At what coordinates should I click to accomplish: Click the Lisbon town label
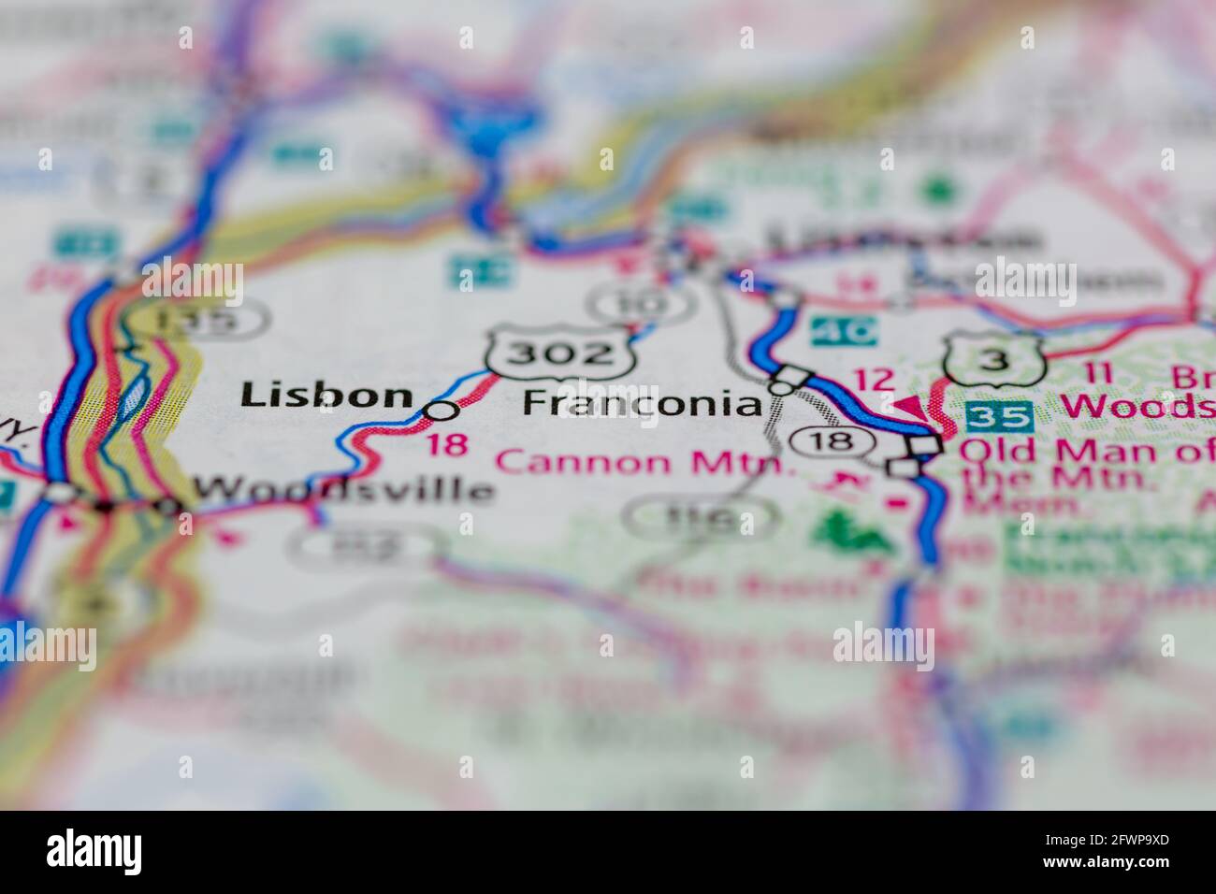(x=326, y=396)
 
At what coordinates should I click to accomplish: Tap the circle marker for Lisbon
(x=442, y=410)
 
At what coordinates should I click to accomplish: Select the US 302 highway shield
(x=560, y=353)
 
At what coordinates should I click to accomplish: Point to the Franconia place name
(x=643, y=403)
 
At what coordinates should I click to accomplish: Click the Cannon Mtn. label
(x=645, y=461)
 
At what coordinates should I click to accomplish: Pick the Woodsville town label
(x=342, y=489)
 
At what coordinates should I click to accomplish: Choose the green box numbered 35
(x=1000, y=414)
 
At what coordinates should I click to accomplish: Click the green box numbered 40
(x=845, y=330)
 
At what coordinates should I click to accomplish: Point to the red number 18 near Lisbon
(x=446, y=443)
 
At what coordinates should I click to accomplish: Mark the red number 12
(x=875, y=380)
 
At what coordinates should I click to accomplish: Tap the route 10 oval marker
(x=641, y=301)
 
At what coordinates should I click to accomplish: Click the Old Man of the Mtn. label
(x=1085, y=464)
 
